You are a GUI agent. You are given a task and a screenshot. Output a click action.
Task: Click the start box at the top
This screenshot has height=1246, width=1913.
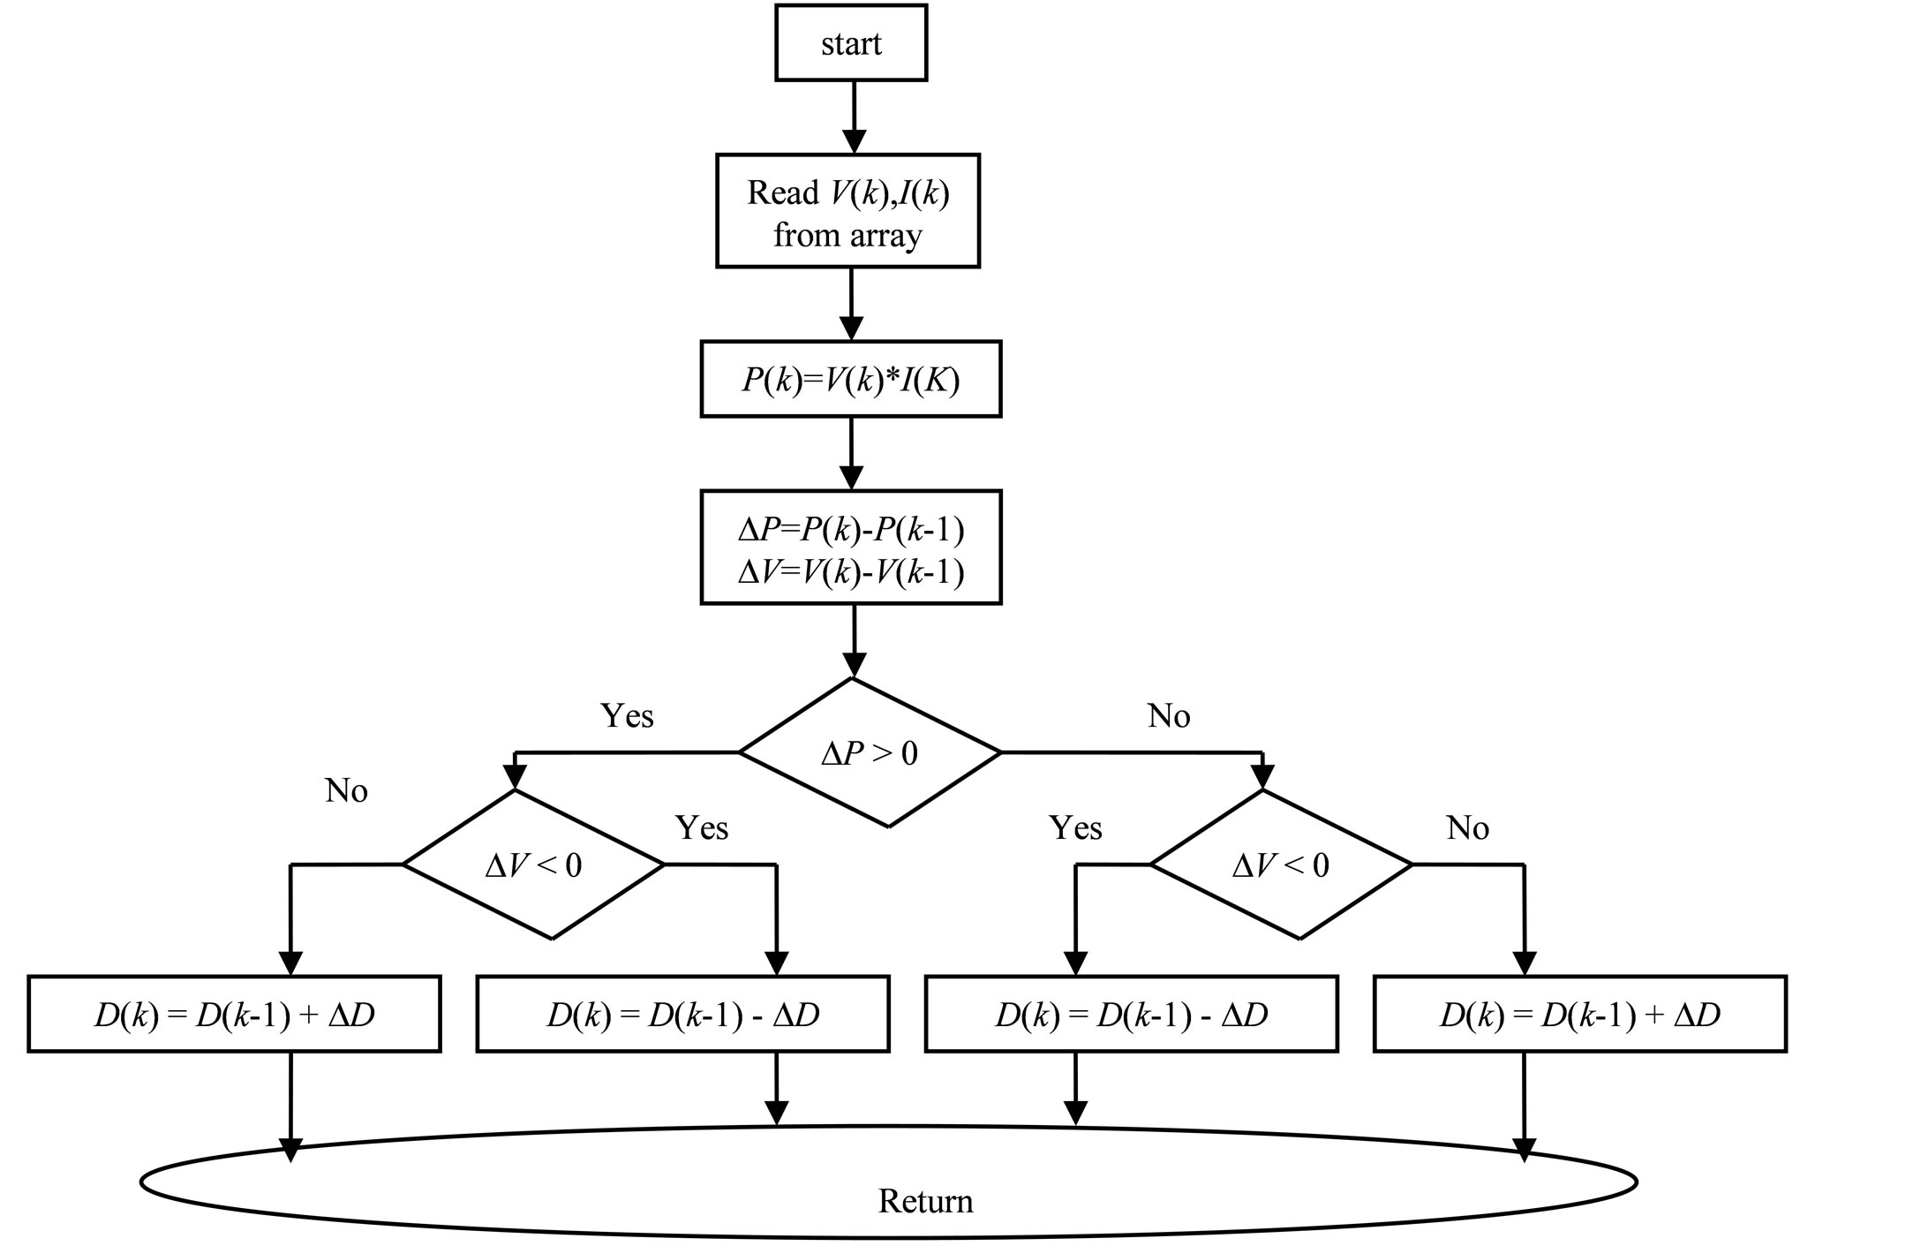851,43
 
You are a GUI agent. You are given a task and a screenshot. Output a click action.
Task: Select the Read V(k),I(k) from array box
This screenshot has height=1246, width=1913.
847,212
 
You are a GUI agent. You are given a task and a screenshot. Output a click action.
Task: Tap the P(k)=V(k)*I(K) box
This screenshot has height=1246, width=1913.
851,380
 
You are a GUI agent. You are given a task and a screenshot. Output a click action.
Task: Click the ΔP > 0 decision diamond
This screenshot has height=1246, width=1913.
870,753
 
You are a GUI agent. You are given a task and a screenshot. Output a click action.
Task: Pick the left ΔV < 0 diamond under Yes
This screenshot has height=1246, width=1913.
533,865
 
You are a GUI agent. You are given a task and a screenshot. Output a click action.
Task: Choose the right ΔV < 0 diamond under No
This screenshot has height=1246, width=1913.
1281,865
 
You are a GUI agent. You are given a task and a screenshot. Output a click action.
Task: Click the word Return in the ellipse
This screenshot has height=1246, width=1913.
925,1201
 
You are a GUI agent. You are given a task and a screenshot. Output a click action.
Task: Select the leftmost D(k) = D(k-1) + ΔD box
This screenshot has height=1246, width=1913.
234,1015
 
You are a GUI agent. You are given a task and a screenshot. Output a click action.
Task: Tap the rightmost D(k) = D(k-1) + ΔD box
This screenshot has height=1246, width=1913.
1580,1015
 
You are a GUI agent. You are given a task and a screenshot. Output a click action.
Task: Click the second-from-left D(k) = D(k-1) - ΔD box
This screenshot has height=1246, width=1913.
682,1015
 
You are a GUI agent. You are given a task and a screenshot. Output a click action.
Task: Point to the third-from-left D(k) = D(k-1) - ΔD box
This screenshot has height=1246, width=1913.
1132,1015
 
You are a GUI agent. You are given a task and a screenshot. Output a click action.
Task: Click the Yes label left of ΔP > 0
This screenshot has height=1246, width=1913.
627,715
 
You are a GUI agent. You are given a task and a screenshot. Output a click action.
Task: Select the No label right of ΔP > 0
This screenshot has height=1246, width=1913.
1169,715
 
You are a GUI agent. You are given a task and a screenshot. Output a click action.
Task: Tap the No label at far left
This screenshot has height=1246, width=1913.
346,790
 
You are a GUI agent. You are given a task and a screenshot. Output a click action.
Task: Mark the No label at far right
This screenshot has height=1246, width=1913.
1467,827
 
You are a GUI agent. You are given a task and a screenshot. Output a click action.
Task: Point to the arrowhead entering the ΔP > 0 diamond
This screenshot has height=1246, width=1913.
854,664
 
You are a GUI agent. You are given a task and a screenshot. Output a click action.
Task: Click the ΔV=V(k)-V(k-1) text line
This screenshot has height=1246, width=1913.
851,572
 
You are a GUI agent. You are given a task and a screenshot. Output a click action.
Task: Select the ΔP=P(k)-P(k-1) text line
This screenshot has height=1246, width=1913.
851,530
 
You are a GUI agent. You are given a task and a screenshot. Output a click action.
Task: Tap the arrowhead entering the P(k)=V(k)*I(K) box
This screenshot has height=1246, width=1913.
851,328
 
